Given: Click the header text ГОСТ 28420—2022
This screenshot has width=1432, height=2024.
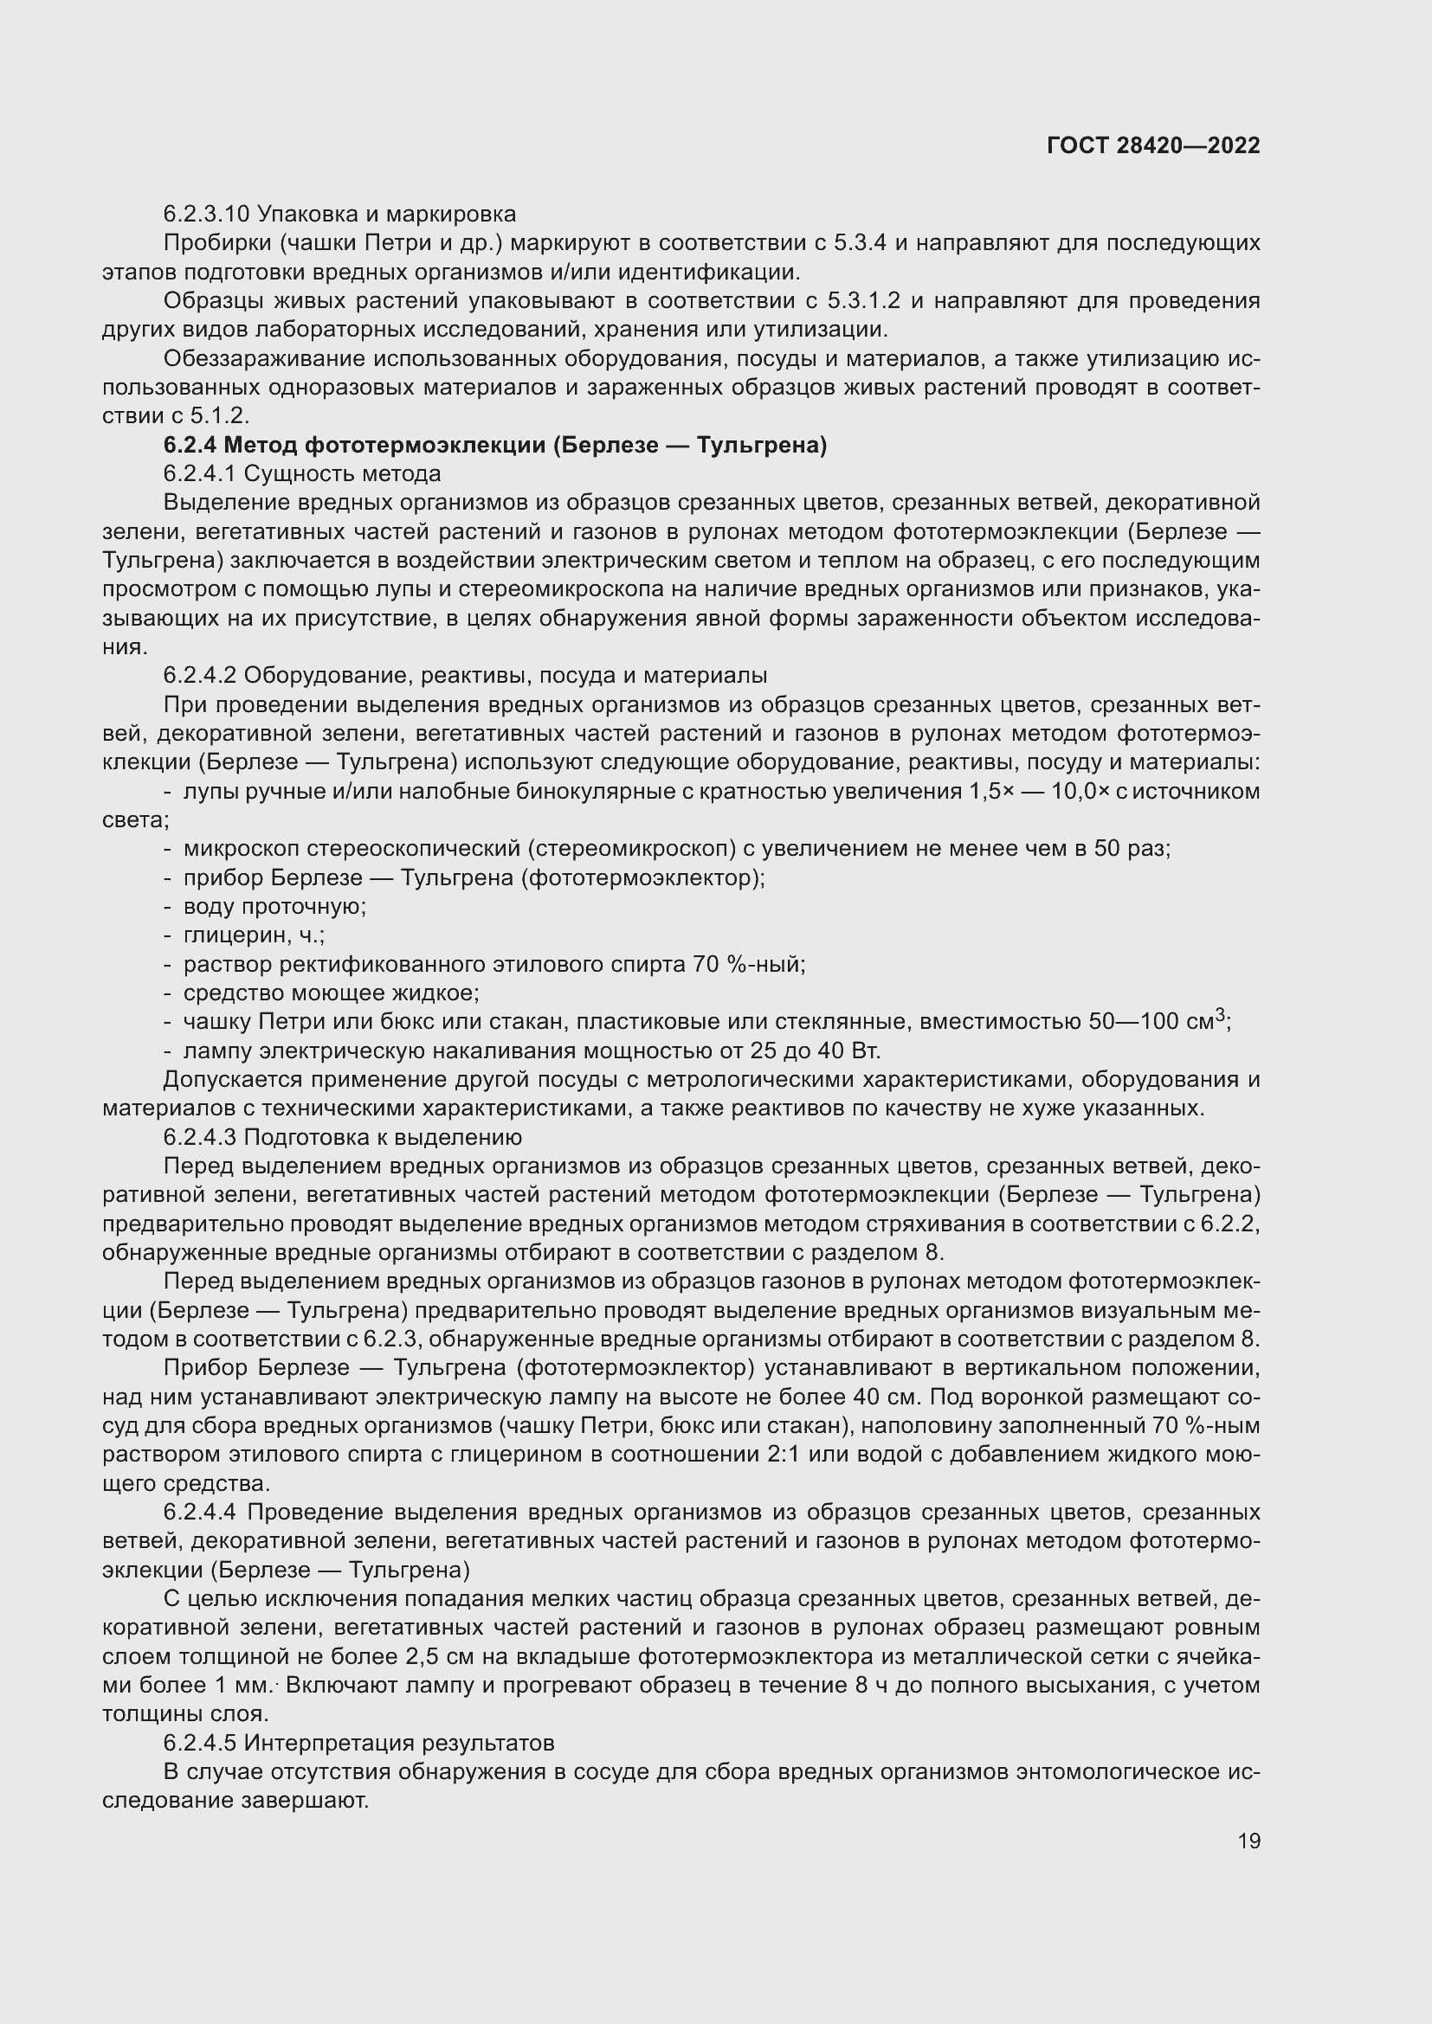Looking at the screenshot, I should click(1152, 145).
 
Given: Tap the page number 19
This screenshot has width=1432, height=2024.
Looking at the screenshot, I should click(1248, 1841).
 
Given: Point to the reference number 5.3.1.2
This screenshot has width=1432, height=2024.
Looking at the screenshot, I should click(863, 300).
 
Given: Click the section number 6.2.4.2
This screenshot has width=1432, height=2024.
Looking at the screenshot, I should click(199, 675).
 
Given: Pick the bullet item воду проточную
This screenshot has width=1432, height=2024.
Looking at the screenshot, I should click(274, 906).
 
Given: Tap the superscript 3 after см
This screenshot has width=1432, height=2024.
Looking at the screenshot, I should click(1221, 1016).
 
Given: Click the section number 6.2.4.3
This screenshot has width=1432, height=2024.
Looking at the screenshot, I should click(199, 1137).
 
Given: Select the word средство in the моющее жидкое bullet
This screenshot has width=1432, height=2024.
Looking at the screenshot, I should click(226, 993).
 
